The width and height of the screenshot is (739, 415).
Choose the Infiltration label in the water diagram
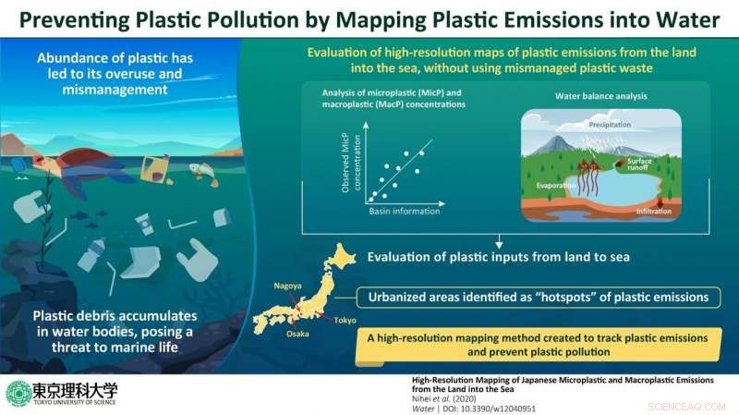pyautogui.click(x=654, y=212)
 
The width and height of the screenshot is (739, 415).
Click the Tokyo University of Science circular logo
pyautogui.click(x=18, y=393)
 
